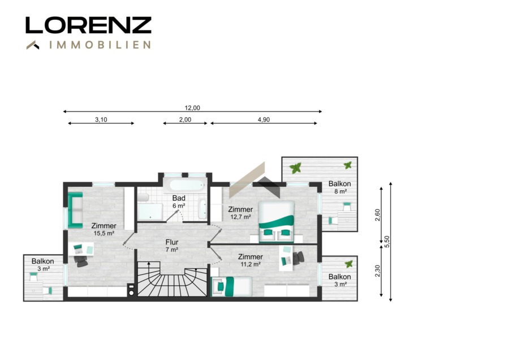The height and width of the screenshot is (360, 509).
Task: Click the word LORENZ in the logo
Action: click(88, 25)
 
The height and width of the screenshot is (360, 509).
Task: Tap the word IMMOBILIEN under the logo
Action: click(100, 45)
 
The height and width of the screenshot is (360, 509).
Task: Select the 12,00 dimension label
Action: click(192, 108)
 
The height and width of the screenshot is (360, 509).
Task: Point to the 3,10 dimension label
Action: click(101, 119)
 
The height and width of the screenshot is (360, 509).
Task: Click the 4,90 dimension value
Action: click(264, 119)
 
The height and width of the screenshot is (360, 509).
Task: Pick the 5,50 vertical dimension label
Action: click(386, 242)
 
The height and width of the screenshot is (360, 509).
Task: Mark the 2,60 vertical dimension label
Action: click(377, 215)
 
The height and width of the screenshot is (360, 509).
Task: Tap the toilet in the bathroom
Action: click(143, 198)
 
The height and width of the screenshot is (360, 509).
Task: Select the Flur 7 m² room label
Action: click(172, 246)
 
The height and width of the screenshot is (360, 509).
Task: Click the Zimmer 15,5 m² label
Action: click(104, 229)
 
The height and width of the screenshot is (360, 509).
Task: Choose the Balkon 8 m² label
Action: click(339, 187)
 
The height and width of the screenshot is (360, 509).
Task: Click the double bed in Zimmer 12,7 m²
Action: click(276, 221)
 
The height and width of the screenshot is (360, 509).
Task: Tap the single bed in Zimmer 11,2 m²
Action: click(231, 286)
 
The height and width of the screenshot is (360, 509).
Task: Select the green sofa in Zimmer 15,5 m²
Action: click(75, 209)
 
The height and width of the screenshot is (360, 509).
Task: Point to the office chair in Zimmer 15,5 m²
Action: click(81, 261)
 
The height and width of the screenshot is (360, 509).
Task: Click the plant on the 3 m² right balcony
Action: click(349, 264)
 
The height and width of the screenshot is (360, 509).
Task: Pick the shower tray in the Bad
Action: click(150, 212)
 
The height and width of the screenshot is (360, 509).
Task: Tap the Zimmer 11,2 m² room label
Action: click(251, 260)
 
